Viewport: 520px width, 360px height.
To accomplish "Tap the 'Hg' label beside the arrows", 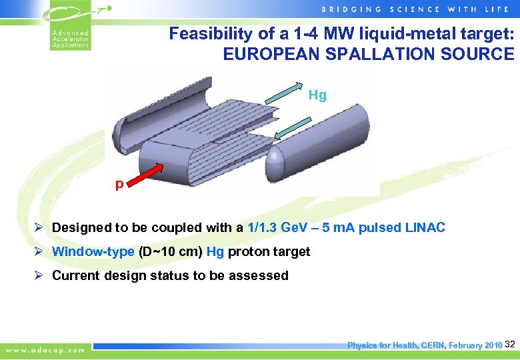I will click(317, 95).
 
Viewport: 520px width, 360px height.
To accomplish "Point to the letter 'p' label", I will click(119, 184).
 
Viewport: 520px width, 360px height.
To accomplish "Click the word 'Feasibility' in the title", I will click(205, 33).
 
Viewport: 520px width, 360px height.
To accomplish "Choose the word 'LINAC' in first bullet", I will click(425, 227).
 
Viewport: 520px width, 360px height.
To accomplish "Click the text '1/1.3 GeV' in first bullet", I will click(277, 227).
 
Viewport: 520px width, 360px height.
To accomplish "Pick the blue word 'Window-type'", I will click(93, 251).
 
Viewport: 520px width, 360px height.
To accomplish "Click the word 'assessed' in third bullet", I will click(259, 275).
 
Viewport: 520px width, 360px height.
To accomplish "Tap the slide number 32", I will click(511, 344).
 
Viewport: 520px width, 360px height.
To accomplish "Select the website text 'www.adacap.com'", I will click(45, 349).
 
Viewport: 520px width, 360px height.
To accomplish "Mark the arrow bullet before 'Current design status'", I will click(39, 275).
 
